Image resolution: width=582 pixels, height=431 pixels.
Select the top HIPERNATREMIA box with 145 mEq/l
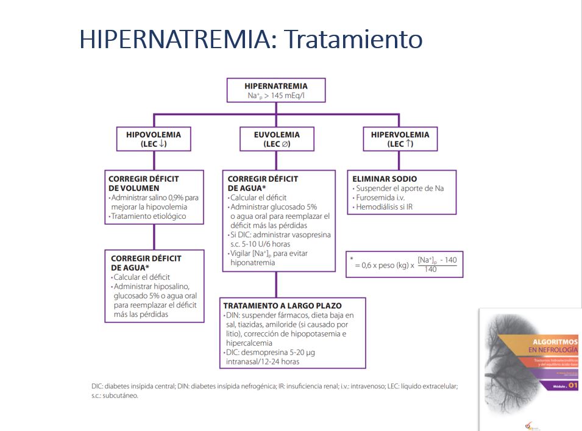(275, 90)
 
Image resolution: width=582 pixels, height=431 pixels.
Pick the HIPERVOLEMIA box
(400, 139)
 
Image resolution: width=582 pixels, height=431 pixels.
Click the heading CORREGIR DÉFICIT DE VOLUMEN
(144, 183)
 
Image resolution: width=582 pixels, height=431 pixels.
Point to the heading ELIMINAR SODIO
(385, 179)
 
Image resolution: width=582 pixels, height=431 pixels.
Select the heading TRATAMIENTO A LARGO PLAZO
(282, 305)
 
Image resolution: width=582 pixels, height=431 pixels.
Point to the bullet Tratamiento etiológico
(149, 216)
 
